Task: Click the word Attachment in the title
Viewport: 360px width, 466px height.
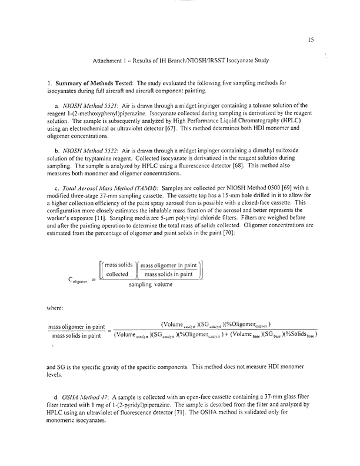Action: click(x=109, y=61)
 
